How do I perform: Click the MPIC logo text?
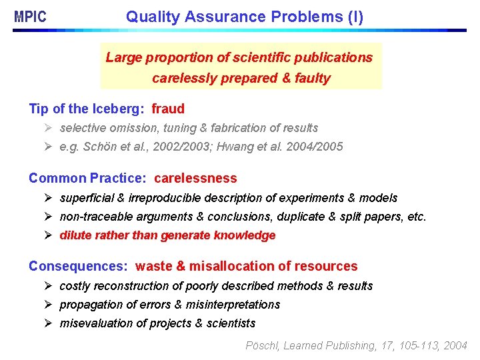pos(31,17)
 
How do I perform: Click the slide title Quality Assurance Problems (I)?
pos(245,17)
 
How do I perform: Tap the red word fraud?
pos(168,109)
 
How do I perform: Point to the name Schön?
pos(97,147)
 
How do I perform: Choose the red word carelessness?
pos(195,179)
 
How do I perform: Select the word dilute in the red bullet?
pos(75,235)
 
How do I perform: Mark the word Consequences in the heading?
pos(77,267)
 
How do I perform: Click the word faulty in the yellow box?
pos(313,78)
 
